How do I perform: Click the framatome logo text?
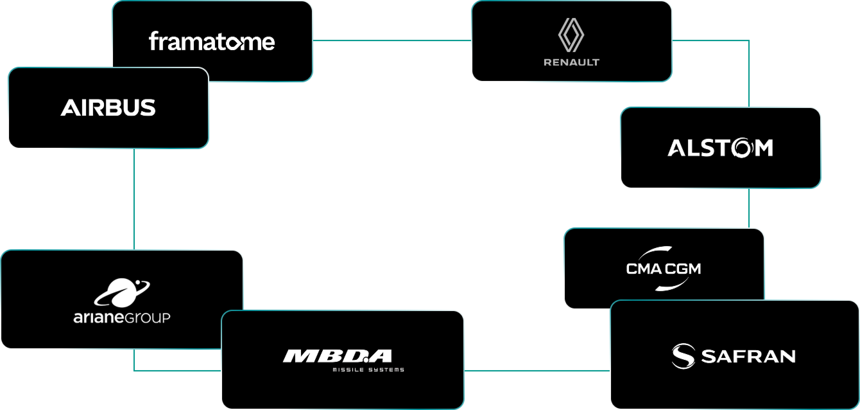pos(212,42)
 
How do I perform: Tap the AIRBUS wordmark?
pos(108,108)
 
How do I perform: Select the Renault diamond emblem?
pos(571,35)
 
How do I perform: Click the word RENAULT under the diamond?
pos(571,62)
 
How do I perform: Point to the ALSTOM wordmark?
pos(720,148)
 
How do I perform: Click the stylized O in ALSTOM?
pos(744,148)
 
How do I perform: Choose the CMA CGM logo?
pos(664,268)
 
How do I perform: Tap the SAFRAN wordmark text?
pos(748,356)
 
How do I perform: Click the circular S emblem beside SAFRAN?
pos(684,356)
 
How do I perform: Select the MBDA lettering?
pos(338,356)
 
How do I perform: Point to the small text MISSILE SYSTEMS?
pos(368,370)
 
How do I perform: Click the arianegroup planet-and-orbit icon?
pos(122,292)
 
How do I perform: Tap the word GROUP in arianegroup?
pos(146,317)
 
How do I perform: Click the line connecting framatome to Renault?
pos(391,40)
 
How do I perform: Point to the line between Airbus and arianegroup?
pos(134,199)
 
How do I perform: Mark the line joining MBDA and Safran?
pos(537,370)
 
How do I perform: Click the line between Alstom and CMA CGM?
pos(749,208)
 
